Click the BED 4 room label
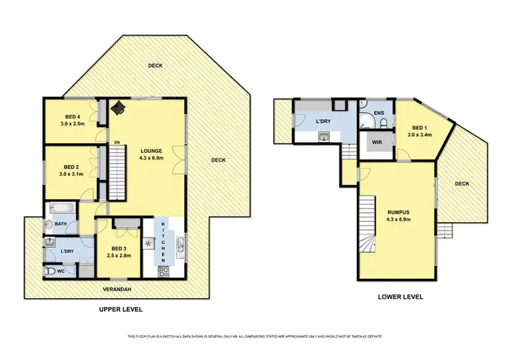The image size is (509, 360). [71, 117]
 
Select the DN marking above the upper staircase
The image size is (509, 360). [117, 142]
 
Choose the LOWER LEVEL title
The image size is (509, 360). [400, 297]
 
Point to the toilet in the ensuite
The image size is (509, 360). [384, 122]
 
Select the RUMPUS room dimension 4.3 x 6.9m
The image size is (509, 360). [400, 219]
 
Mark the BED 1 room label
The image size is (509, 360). [419, 128]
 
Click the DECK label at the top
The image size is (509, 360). [157, 65]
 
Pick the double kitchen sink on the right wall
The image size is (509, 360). [181, 242]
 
